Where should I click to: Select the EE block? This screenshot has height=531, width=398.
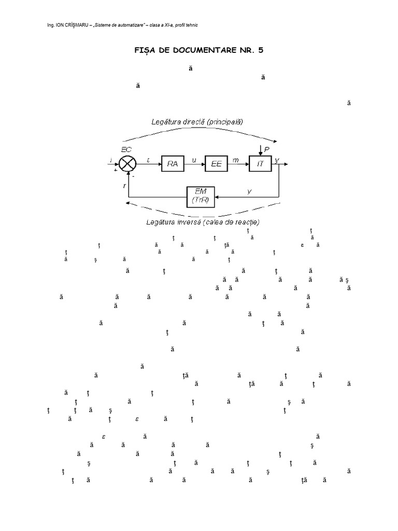point(217,164)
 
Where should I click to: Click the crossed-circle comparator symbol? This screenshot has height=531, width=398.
point(127,164)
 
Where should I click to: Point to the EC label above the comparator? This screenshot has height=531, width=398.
point(126,149)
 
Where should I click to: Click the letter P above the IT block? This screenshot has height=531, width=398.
point(267,149)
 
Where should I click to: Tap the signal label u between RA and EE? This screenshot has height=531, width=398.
point(194,160)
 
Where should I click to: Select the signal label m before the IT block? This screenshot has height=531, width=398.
point(236,160)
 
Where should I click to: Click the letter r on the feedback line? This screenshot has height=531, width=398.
point(124,185)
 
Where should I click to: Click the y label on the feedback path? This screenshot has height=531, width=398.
point(249,192)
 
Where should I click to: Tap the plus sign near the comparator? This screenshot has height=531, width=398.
point(115,170)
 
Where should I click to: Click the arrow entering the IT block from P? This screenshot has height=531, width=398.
point(261,152)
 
